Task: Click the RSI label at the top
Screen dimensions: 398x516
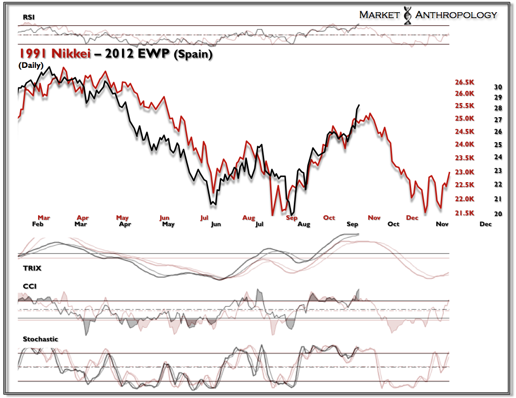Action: click(x=28, y=18)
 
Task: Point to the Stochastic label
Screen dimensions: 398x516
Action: click(x=41, y=339)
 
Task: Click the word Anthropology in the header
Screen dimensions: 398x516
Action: click(x=455, y=15)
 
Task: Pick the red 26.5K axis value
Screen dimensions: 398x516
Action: click(x=465, y=82)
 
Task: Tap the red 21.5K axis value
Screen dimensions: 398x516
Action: click(x=465, y=213)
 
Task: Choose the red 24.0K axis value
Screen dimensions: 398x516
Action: click(x=465, y=145)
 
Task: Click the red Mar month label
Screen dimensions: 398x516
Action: click(x=44, y=217)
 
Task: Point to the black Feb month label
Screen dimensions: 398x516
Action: click(x=38, y=224)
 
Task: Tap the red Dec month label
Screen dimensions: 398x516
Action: click(x=412, y=217)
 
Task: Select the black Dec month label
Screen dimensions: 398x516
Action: click(x=485, y=224)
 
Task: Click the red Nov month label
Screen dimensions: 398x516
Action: click(x=374, y=217)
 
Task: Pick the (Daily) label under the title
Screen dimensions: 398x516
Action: click(x=31, y=65)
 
